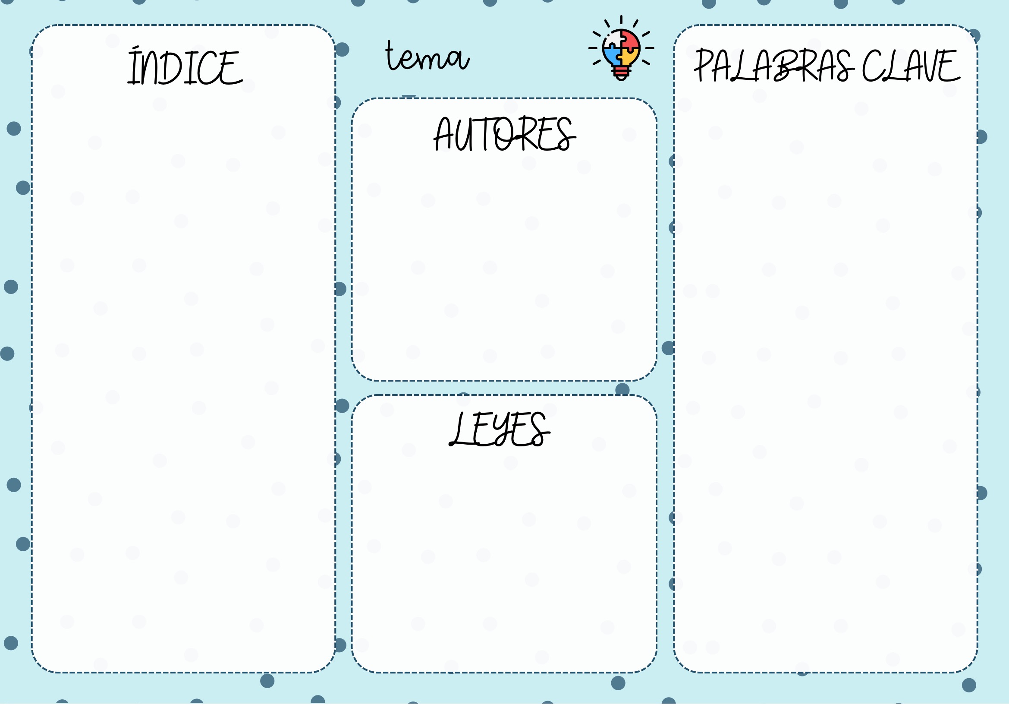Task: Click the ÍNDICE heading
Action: coord(185,67)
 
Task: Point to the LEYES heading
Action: coord(499,429)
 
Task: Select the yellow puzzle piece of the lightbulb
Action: coord(630,56)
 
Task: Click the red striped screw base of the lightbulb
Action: coord(621,71)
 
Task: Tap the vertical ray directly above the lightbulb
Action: coord(621,20)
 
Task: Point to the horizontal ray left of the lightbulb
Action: coord(593,48)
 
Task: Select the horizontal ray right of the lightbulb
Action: coord(650,48)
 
